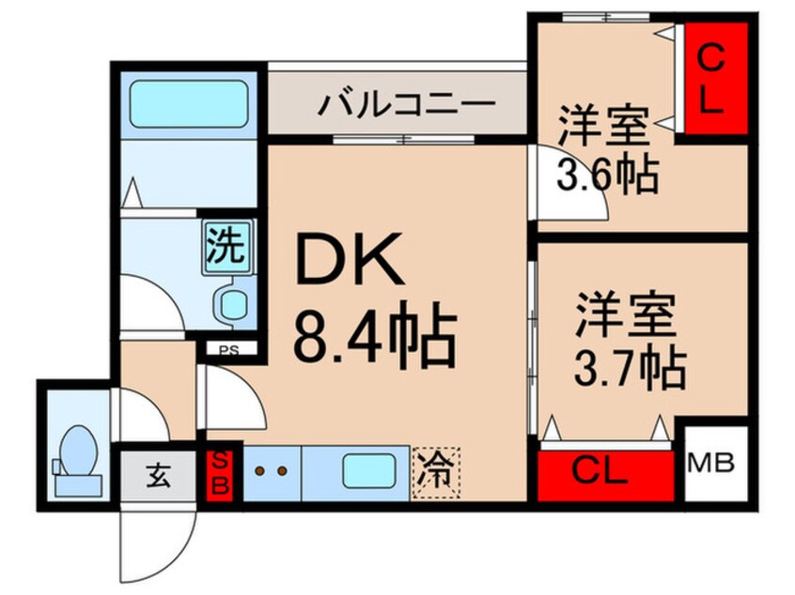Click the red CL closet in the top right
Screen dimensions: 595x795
pyautogui.click(x=714, y=80)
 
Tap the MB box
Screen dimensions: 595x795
pyautogui.click(x=715, y=464)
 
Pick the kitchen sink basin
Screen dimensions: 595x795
pyautogui.click(x=366, y=471)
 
